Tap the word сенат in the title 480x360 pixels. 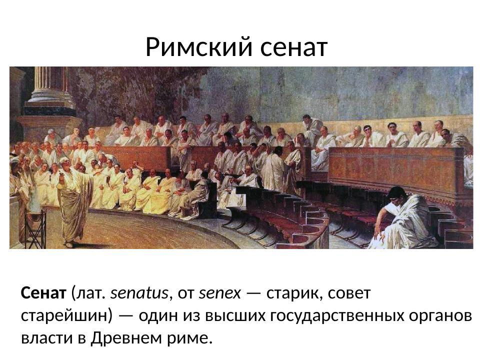294,48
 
